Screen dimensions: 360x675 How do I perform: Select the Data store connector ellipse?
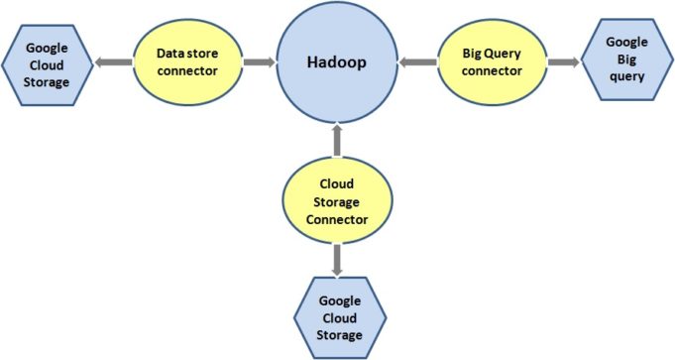187,62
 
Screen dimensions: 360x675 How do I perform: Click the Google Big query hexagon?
627,60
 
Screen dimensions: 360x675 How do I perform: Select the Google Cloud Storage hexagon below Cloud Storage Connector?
340,317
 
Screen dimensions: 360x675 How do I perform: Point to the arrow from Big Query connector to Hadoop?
419,62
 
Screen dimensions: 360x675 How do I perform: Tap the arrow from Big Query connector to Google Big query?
562,61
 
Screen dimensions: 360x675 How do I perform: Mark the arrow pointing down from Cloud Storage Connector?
337,261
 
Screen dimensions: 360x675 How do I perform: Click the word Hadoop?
337,62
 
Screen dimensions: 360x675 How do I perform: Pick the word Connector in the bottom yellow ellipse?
337,219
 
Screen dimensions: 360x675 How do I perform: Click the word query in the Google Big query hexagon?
627,76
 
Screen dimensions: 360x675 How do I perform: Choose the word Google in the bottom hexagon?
340,300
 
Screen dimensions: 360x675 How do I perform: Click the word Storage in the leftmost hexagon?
48,81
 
